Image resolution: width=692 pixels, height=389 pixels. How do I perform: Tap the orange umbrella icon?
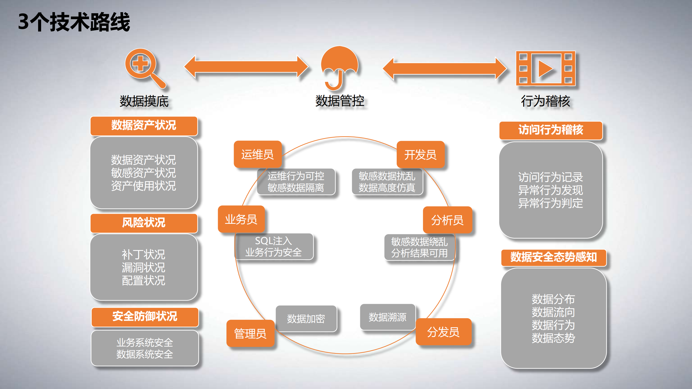[x=339, y=66]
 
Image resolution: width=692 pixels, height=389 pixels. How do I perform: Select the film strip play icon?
[x=545, y=68]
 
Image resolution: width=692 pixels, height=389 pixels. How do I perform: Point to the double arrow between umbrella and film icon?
[x=445, y=68]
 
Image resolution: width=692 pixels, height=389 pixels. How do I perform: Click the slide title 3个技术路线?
[x=74, y=22]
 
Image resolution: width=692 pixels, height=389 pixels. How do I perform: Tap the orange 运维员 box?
[x=257, y=154]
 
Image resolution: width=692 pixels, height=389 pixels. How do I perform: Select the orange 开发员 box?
[x=420, y=155]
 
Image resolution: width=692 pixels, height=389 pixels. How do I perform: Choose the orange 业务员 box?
[x=241, y=219]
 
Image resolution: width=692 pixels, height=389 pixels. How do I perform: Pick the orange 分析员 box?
[x=447, y=220]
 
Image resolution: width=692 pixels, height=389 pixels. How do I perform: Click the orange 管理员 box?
[x=250, y=333]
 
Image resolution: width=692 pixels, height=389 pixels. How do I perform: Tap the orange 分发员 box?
[x=443, y=332]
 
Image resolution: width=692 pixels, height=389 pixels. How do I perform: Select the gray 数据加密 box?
[x=306, y=319]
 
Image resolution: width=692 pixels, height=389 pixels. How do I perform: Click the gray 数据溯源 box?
[x=387, y=317]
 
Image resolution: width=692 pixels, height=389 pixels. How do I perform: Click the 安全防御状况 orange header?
[x=145, y=317]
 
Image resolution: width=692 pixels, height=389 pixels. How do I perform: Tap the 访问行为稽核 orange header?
[x=551, y=130]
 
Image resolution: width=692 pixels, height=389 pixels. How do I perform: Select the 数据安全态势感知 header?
[x=553, y=257]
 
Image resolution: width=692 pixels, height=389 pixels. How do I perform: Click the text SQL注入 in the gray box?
[x=273, y=241]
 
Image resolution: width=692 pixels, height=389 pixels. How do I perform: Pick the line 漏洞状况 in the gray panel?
[x=143, y=267]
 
